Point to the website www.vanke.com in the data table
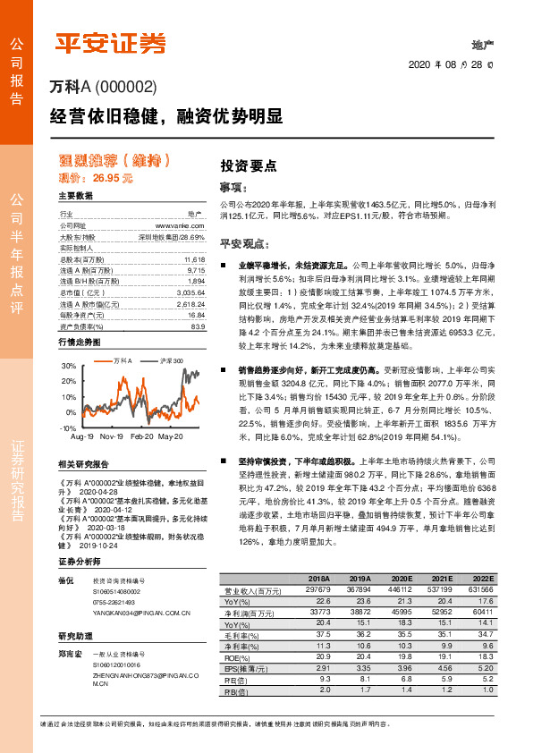(183, 226)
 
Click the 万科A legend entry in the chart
(122, 360)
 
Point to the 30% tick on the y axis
(69, 367)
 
